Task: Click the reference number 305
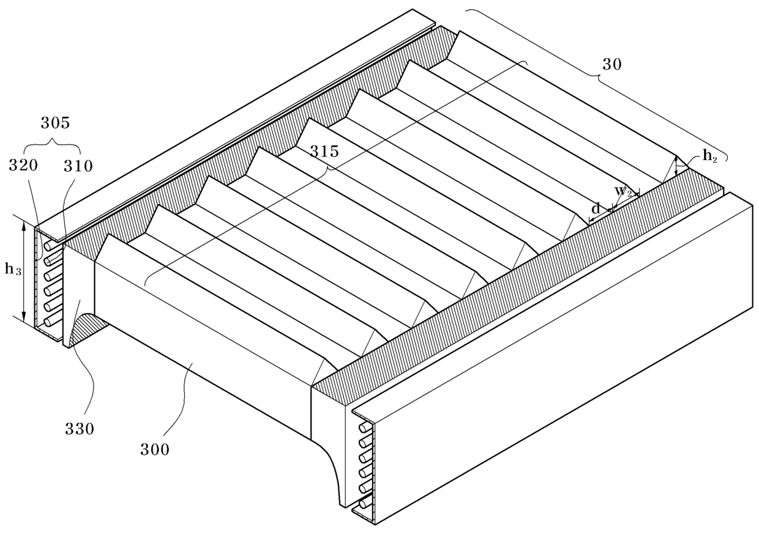pos(55,123)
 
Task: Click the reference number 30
pos(611,64)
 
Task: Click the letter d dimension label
pos(596,208)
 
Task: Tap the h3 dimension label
pos(12,270)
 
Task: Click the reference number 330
pos(80,429)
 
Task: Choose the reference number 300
pos(154,451)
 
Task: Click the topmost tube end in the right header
pos(364,426)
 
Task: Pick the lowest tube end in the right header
pos(364,503)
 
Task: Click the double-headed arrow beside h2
pos(676,166)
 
